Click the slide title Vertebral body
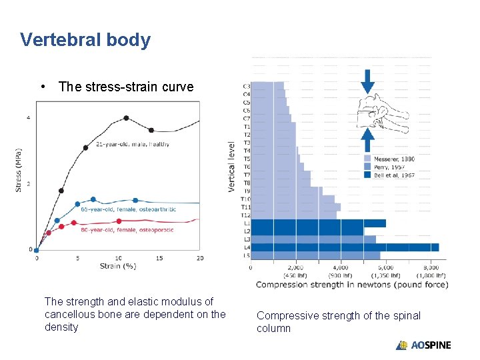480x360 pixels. coord(85,40)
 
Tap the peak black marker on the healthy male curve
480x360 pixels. coord(126,118)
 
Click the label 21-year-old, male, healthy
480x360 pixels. coord(133,144)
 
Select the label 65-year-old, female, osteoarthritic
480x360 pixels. coord(129,209)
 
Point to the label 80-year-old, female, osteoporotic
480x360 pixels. coord(127,230)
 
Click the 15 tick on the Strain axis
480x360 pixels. coord(159,258)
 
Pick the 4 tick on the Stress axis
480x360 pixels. coord(28,118)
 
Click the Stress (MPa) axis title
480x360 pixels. coord(18,171)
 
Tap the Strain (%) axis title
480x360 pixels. coord(117,266)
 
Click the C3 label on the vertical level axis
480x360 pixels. coord(246,86)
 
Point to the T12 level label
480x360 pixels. coord(245,215)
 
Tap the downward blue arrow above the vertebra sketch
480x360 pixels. coord(367,81)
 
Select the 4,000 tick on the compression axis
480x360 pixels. coord(340,268)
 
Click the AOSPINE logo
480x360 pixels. coord(423,345)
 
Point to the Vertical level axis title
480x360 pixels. coord(232,166)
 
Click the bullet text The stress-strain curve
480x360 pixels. coord(126,87)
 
